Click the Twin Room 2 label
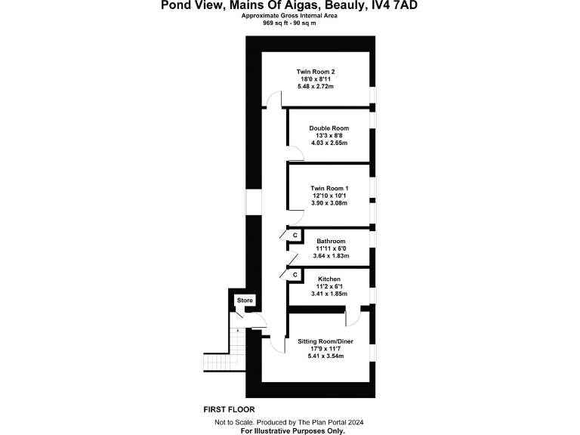pyautogui.click(x=315, y=71)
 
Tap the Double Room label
pyautogui.click(x=329, y=128)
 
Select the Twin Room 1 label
pyautogui.click(x=329, y=188)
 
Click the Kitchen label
pyautogui.click(x=329, y=279)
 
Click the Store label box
pyautogui.click(x=245, y=301)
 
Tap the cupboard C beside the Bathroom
pyautogui.click(x=295, y=236)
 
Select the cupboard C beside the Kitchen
pyautogui.click(x=295, y=274)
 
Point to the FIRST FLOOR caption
pyautogui.click(x=229, y=409)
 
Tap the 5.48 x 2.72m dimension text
pyautogui.click(x=315, y=87)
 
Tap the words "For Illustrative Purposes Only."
pyautogui.click(x=293, y=430)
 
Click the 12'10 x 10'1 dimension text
pyautogui.click(x=329, y=196)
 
